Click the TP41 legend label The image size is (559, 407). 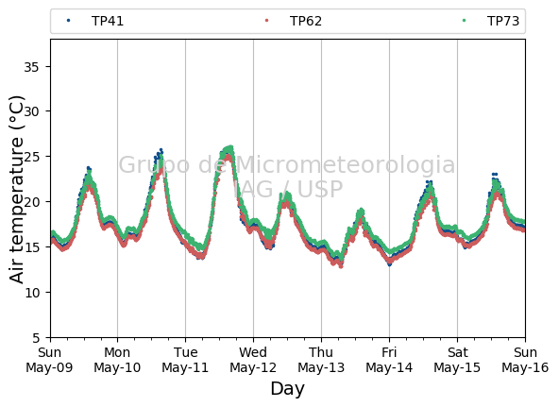tap(108, 21)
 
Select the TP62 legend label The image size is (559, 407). tap(306, 21)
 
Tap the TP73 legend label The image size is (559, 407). tap(503, 21)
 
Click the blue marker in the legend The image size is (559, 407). tap(68, 21)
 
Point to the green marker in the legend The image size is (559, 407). tap(465, 21)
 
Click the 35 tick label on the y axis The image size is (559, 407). tap(31, 67)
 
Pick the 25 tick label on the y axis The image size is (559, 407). tap(31, 157)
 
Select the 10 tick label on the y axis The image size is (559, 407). tap(31, 293)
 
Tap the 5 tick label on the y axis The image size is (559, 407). tap(35, 337)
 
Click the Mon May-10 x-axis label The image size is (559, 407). tap(117, 360)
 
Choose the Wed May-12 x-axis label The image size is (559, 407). tap(253, 360)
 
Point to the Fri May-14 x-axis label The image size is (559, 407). tap(389, 360)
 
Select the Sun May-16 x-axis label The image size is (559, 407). tap(525, 360)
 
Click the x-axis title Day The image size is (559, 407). tap(287, 388)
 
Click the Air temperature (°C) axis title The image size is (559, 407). tap(16, 190)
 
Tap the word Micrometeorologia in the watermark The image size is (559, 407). tap(346, 164)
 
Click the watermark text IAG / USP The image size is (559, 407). tap(287, 189)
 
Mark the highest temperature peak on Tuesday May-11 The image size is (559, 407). tap(230, 147)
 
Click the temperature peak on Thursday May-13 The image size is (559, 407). tap(362, 211)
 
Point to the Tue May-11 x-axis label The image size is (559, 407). tap(185, 360)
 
